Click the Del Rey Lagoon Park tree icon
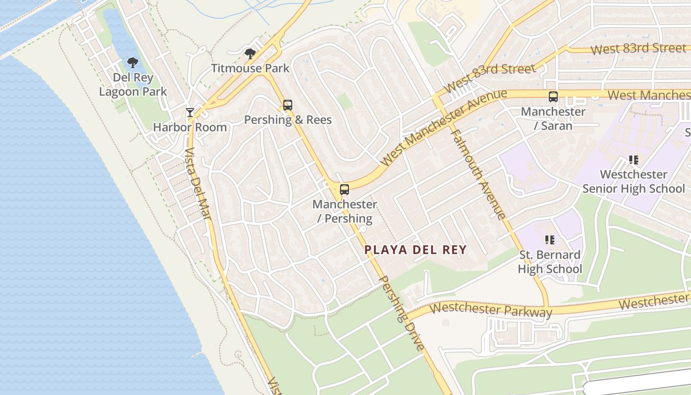pos(132,62)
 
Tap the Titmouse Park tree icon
pos(250,53)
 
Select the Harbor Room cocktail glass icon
pos(190,113)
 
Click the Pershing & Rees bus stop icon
pos(288,105)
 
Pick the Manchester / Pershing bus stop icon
pos(345,190)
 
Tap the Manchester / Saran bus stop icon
pos(553,97)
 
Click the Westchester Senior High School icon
pos(634,160)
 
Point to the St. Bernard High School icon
pos(549,240)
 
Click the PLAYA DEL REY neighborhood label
pos(416,250)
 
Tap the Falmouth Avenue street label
pos(478,174)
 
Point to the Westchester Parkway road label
pos(491,310)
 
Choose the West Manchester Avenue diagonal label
pos(444,127)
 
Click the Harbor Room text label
pos(190,127)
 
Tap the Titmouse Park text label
pos(250,68)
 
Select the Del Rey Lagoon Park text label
pos(133,84)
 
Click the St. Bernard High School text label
pos(550,262)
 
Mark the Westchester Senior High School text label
pos(634,182)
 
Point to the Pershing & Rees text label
pos(288,120)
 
